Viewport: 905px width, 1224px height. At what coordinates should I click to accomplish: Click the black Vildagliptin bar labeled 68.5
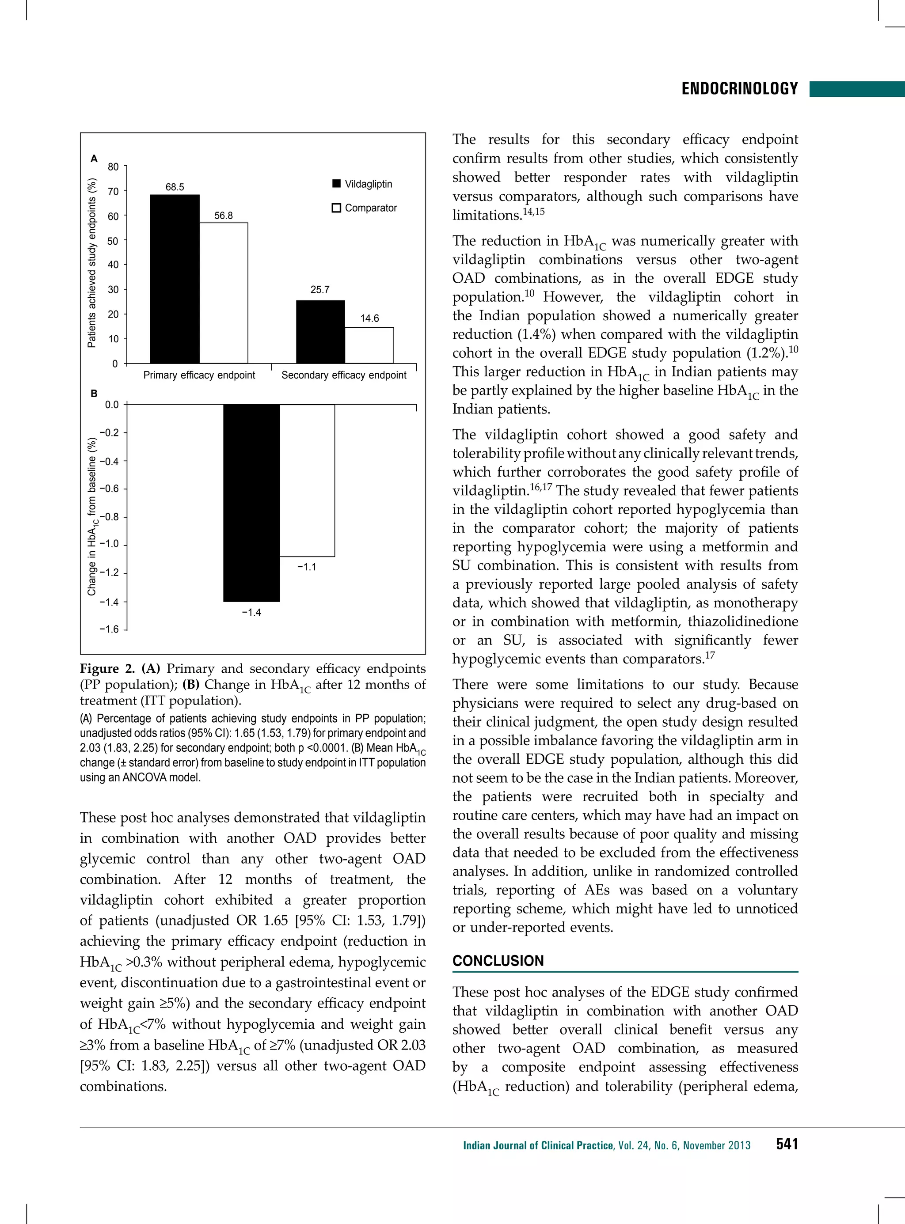click(x=174, y=279)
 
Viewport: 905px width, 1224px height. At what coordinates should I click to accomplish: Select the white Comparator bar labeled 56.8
click(x=224, y=293)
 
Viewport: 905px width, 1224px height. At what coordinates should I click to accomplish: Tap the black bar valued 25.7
click(x=320, y=332)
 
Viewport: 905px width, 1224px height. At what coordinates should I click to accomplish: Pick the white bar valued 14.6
click(x=369, y=345)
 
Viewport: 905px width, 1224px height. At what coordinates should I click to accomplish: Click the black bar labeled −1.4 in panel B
click(x=251, y=503)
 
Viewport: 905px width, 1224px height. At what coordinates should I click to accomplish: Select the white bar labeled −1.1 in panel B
click(x=307, y=480)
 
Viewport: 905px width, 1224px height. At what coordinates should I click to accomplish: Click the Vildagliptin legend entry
click(x=363, y=184)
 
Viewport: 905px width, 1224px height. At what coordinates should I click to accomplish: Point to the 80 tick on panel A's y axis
click(x=113, y=167)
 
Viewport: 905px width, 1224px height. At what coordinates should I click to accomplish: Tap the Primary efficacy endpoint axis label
click(x=199, y=375)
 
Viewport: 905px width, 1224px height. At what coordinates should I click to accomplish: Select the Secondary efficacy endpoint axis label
click(x=343, y=375)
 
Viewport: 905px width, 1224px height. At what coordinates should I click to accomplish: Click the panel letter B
click(x=94, y=393)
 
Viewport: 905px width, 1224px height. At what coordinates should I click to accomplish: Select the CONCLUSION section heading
click(x=498, y=961)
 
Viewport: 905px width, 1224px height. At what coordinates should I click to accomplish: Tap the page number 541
click(x=787, y=1144)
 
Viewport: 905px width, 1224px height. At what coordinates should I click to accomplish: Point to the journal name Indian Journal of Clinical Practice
click(x=538, y=1145)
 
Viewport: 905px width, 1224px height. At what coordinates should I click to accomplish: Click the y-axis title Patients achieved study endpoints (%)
click(x=92, y=263)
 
